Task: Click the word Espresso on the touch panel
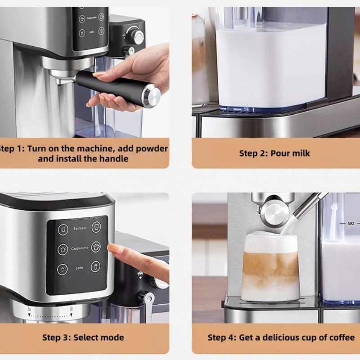[x=80, y=229]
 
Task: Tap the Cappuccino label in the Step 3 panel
[x=80, y=248]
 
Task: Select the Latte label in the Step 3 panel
[x=79, y=268]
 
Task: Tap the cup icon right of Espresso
[x=96, y=227]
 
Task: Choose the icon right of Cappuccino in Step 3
[x=96, y=247]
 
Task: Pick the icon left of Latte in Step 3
[x=62, y=269]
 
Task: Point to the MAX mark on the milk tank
[x=351, y=223]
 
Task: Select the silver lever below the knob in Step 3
[x=148, y=306]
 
